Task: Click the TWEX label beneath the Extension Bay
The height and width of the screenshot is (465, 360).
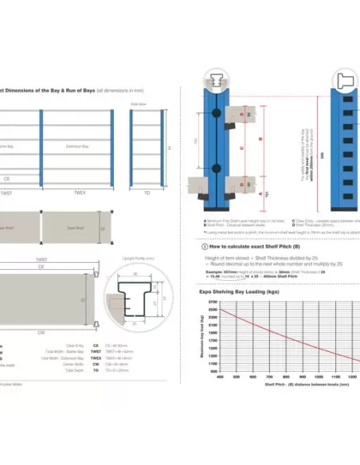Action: pos(79,193)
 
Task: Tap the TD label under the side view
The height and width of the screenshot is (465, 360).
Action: pos(147,193)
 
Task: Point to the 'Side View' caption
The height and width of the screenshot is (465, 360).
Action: pos(137,104)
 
